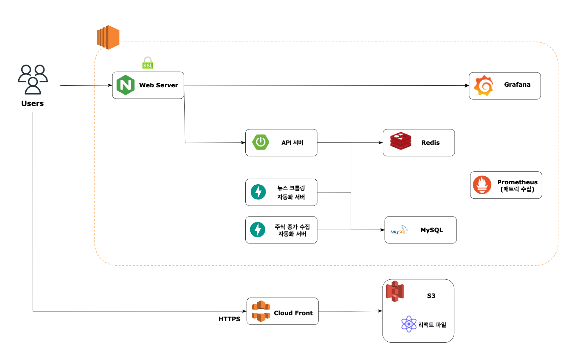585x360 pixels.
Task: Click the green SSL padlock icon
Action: (148, 63)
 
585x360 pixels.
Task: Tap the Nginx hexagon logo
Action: (125, 85)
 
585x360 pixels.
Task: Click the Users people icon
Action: (33, 79)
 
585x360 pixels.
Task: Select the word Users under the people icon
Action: (33, 103)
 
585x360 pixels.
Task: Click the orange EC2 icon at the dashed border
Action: (108, 37)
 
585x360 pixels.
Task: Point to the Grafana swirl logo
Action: (484, 86)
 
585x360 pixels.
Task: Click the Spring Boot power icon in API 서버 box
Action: (261, 142)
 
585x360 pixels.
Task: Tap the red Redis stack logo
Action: (401, 141)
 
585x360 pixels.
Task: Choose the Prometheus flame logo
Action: (482, 185)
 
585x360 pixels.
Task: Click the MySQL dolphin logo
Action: (399, 230)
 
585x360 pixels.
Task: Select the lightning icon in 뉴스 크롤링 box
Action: (258, 192)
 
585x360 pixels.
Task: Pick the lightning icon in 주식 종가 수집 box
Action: (258, 229)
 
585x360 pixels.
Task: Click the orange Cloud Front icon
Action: (261, 311)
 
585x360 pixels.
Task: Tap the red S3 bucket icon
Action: (395, 291)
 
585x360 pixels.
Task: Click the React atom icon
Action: (409, 324)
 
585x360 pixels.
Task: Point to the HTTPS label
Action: (229, 319)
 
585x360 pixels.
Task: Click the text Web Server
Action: (158, 85)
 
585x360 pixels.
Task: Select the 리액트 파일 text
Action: (432, 325)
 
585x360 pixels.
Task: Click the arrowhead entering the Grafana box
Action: (467, 86)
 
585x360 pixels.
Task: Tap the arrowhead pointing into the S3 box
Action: (380, 311)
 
